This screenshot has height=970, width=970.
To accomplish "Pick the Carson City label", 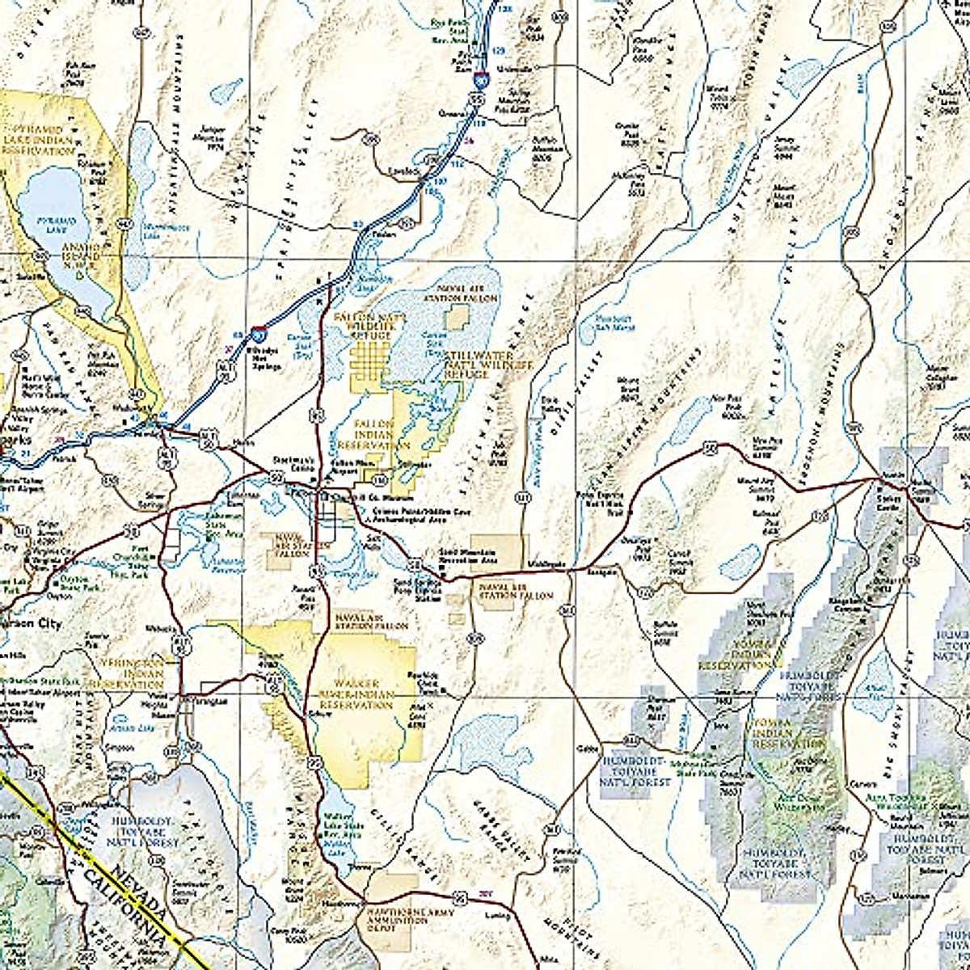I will (31, 624).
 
